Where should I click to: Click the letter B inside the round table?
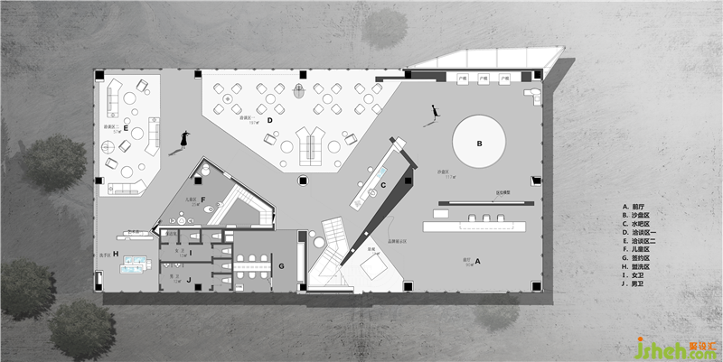480,143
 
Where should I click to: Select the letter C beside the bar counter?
383,185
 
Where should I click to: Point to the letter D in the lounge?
268,119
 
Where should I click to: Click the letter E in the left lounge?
126,131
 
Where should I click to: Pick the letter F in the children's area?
203,199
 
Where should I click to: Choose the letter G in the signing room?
281,266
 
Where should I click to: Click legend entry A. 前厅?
636,206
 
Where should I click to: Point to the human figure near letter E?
185,138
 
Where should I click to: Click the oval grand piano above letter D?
301,89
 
